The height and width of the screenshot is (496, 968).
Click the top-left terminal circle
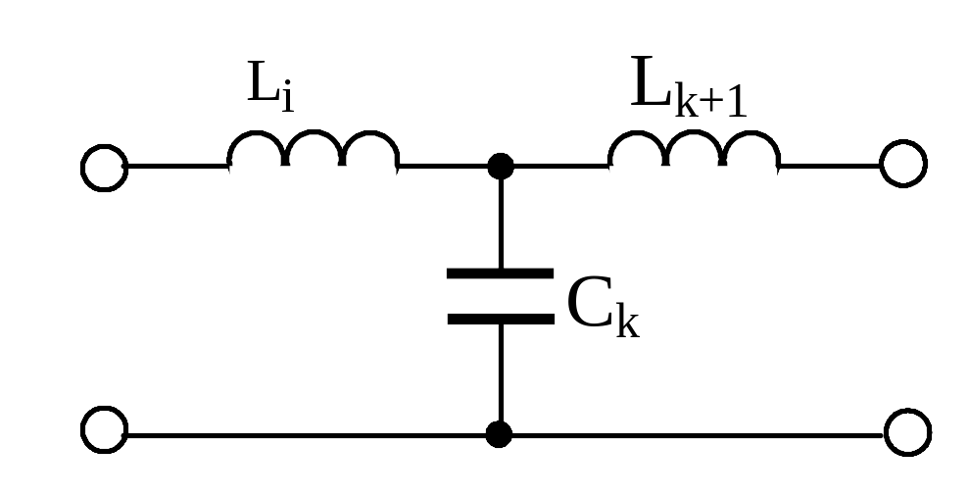82,168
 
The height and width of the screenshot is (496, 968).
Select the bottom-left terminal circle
82,430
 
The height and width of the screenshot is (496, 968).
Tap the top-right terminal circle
882,163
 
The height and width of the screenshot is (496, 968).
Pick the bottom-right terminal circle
886,432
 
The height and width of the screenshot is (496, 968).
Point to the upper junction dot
501,167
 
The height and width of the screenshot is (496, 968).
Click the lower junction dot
499,434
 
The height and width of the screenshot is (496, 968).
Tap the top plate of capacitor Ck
500,273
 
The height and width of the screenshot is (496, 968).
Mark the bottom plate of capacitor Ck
501,319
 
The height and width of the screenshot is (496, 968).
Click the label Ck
604,307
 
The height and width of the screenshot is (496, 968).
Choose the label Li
270,86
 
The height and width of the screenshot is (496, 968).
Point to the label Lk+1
689,86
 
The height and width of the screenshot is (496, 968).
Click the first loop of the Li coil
256,132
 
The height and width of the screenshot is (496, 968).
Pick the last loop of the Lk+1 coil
750,132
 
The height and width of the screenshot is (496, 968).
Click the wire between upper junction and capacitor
501,223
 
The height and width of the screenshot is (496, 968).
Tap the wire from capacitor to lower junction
501,373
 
